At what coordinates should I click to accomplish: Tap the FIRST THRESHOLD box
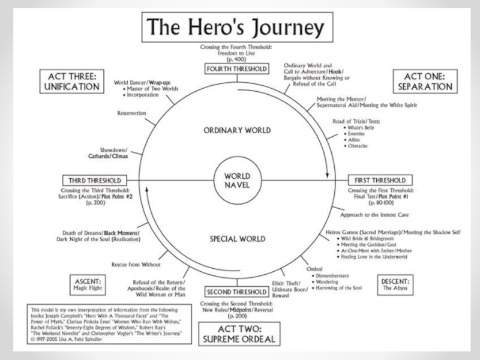coord(381,180)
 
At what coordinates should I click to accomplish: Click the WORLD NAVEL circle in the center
coord(238,180)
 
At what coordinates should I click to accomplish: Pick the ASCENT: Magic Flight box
coord(88,284)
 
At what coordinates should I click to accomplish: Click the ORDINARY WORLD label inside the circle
coord(238,130)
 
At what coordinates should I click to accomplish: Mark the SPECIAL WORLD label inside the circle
coord(238,238)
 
